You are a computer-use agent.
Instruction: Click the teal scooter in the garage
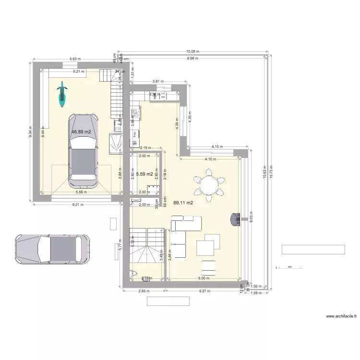click(61, 94)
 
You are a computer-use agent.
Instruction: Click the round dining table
click(209, 184)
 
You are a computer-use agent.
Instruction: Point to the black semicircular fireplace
click(235, 219)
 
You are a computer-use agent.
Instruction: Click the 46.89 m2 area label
click(81, 131)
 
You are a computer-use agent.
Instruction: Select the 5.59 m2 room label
click(144, 174)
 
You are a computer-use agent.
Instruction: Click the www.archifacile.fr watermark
click(341, 316)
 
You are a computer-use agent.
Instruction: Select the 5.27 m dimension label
click(205, 291)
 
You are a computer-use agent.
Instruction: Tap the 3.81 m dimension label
click(157, 82)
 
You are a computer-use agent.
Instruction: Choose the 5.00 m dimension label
click(204, 278)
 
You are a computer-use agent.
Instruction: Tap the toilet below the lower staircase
click(133, 275)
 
